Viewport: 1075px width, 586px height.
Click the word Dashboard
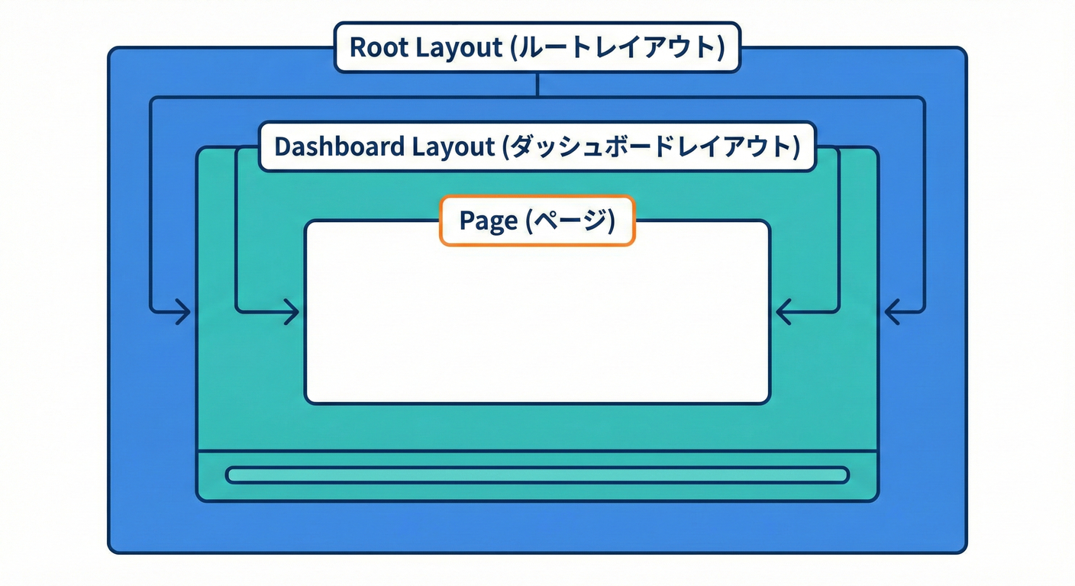click(x=340, y=146)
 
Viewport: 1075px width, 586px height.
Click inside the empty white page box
click(x=537, y=320)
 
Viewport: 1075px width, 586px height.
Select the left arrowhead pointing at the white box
click(x=293, y=312)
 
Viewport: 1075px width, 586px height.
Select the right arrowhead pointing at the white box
click(x=782, y=312)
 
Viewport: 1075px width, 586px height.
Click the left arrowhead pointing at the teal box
click(x=184, y=312)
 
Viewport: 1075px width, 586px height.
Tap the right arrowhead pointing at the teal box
click(x=891, y=312)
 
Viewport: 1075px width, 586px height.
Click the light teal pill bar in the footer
click(x=537, y=475)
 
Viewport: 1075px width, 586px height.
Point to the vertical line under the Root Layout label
click(x=537, y=85)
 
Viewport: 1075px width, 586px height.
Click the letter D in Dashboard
click(x=282, y=146)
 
